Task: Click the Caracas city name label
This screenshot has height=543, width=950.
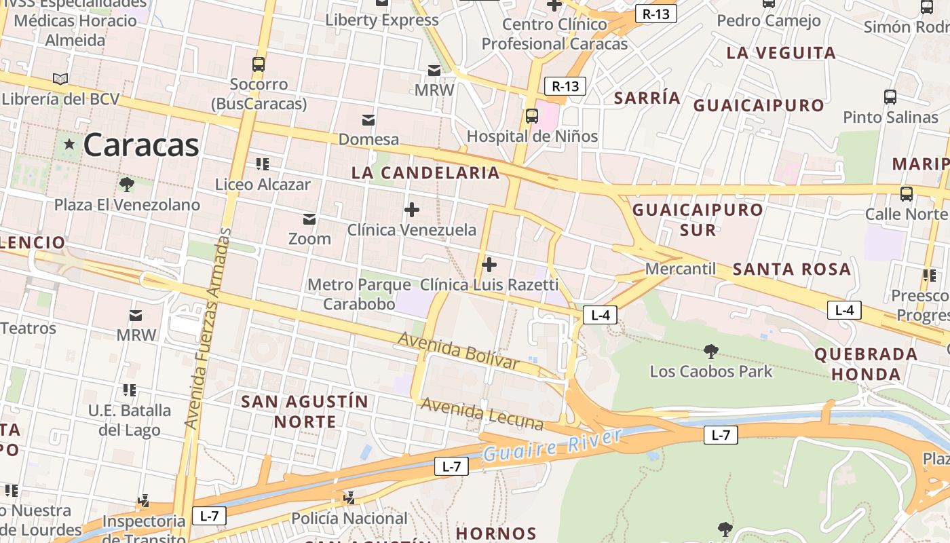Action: click(x=141, y=145)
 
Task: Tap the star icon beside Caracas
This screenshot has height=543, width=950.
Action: click(x=69, y=144)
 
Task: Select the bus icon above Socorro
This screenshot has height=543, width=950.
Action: click(x=259, y=64)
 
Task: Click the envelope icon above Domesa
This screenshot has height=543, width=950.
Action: click(x=368, y=120)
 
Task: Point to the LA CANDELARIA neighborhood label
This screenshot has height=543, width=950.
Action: click(x=425, y=172)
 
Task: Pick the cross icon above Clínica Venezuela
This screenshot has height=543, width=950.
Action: click(x=411, y=210)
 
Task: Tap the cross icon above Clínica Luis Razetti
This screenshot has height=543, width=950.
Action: click(x=489, y=264)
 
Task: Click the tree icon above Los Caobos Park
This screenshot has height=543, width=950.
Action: click(x=711, y=351)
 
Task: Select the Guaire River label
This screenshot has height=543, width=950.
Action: click(x=552, y=445)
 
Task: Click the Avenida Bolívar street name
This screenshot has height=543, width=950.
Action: click(x=459, y=350)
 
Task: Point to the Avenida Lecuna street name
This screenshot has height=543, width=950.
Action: click(x=482, y=413)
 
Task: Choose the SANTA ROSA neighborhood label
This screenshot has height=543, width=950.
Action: click(x=792, y=269)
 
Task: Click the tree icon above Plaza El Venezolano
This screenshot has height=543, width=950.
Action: click(x=126, y=184)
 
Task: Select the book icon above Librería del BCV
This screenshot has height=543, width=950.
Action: click(x=60, y=79)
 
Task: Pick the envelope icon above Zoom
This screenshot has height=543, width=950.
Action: click(x=309, y=219)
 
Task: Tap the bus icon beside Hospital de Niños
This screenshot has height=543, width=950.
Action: click(x=532, y=115)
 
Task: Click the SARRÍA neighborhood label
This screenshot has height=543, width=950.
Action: click(x=647, y=98)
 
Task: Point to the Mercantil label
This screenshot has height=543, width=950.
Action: click(x=680, y=269)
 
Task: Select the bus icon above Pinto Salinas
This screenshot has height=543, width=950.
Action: click(x=890, y=96)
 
